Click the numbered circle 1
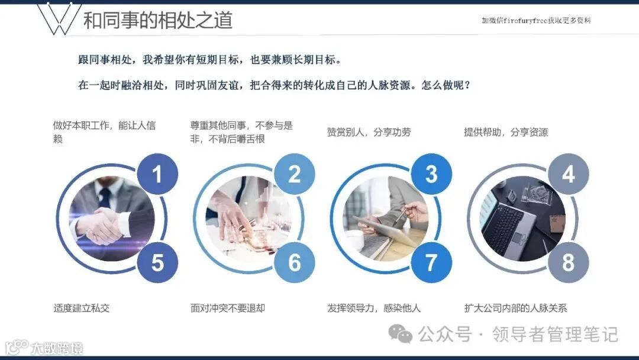point(157,174)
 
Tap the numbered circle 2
point(294,174)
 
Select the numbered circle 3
point(431,174)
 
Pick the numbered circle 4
point(568,174)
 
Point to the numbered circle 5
point(157,262)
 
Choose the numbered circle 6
point(294,262)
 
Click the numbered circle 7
point(431,262)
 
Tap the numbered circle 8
point(568,262)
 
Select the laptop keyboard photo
point(523,218)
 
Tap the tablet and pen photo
point(386,218)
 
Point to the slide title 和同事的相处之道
point(158,20)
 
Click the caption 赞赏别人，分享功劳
point(369,132)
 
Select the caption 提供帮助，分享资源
point(506,132)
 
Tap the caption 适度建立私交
point(82,308)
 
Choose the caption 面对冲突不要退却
point(228,308)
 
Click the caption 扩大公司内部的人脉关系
point(515,308)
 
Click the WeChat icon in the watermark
point(400,334)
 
